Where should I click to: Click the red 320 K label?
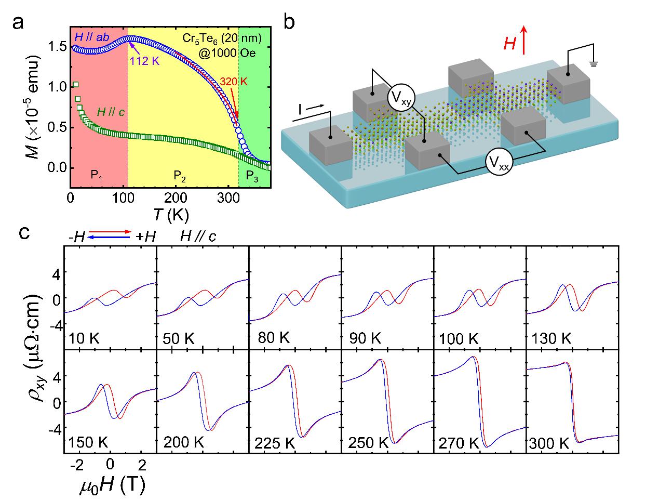233,82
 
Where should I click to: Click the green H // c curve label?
113,110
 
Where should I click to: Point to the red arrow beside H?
524,41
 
